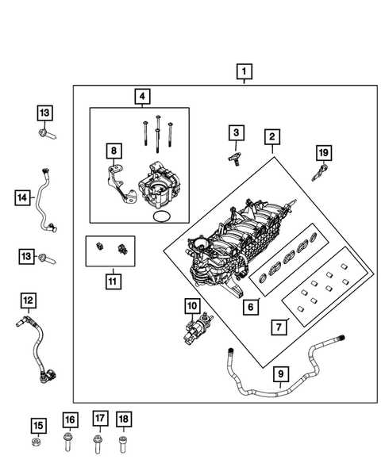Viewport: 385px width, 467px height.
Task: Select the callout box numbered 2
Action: pyautogui.click(x=271, y=138)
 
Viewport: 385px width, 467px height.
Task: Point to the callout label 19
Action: pyautogui.click(x=323, y=151)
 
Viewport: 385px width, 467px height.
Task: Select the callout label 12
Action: pyautogui.click(x=28, y=300)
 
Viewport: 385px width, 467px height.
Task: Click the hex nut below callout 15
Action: pyautogui.click(x=37, y=442)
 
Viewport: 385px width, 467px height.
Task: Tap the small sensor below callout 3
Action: pyautogui.click(x=236, y=159)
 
